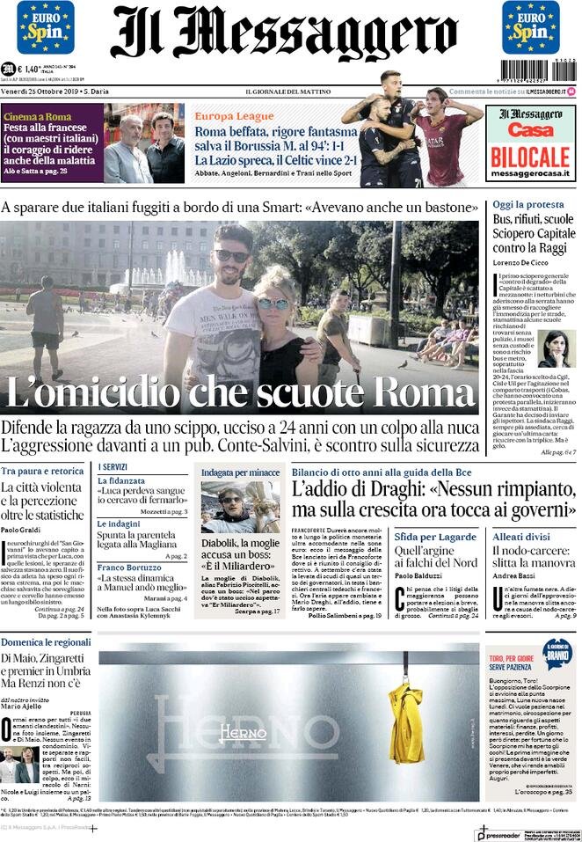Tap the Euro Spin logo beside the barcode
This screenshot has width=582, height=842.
[x=530, y=27]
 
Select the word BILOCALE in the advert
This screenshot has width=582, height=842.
[x=529, y=156]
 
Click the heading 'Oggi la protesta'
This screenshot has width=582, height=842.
[x=527, y=204]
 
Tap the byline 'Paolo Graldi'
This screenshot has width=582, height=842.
[x=21, y=531]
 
